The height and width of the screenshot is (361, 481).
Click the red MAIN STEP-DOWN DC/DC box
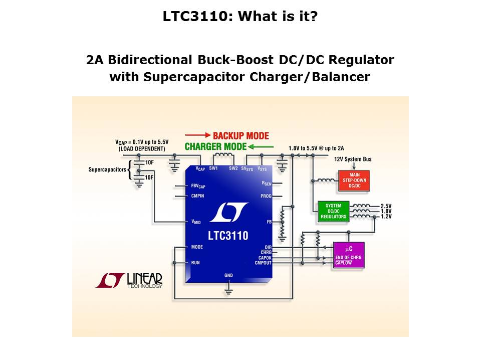(x=347, y=180)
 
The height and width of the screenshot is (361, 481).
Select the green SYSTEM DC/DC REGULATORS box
(x=333, y=211)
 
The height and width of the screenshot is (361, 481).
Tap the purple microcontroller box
(x=349, y=256)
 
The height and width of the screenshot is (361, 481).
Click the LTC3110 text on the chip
(x=228, y=235)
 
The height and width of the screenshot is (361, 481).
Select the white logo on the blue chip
(x=228, y=213)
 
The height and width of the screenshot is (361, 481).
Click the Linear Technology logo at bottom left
(x=129, y=280)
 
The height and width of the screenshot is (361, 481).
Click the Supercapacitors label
(x=107, y=169)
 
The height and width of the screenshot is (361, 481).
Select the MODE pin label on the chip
(x=197, y=247)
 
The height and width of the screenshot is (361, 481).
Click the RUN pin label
(x=195, y=262)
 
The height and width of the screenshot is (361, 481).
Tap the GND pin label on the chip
(x=228, y=275)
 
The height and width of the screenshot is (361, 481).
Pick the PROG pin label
(x=266, y=196)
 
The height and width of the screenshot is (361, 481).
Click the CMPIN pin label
(x=198, y=196)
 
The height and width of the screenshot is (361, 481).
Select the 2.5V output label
(x=386, y=206)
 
